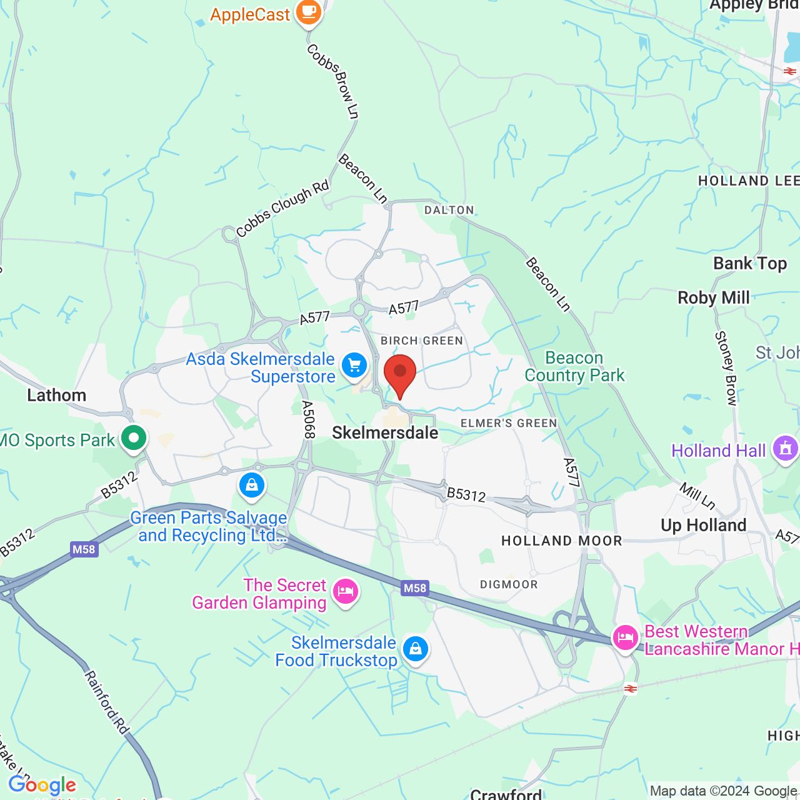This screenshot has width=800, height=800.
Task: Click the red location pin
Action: coord(400,374)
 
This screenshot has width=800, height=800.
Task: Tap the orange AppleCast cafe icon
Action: coord(308,12)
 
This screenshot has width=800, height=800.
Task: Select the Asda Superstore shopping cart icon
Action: coord(354,365)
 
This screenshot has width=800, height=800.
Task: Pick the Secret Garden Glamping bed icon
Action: coord(345,591)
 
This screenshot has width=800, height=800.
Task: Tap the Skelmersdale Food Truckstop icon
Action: coord(415,649)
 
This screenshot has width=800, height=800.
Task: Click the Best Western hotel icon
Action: coord(625,637)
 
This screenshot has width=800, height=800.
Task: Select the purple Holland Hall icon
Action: coord(786,449)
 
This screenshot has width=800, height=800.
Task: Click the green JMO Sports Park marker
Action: coord(133,438)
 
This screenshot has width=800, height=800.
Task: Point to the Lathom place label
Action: coord(57,396)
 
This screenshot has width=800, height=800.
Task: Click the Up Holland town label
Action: coord(704,526)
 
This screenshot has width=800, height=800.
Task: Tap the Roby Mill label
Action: coord(714,298)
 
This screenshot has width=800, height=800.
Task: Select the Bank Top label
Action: coord(750,264)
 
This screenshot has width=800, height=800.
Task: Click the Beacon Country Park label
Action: coord(574,367)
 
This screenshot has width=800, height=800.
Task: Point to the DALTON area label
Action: coord(449,211)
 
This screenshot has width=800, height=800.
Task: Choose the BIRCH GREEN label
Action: coord(422,341)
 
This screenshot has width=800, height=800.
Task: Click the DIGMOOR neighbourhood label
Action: coord(509,585)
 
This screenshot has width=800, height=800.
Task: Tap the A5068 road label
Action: coord(307,419)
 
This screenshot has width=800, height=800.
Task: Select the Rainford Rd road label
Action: coord(107,702)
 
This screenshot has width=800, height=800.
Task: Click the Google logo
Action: coord(42,785)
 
